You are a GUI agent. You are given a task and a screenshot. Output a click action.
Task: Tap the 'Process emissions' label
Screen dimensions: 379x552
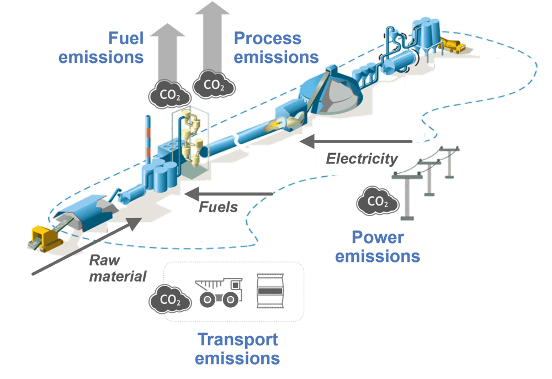point(275,48)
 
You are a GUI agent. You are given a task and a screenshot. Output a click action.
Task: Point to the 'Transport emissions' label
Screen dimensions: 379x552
point(238,349)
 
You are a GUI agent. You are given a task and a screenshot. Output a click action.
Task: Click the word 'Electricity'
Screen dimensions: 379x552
point(362,159)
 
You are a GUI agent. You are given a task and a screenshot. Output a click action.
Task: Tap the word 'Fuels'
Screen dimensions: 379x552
point(218,208)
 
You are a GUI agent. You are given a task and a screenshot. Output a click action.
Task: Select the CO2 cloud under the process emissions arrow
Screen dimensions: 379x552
point(214,84)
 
